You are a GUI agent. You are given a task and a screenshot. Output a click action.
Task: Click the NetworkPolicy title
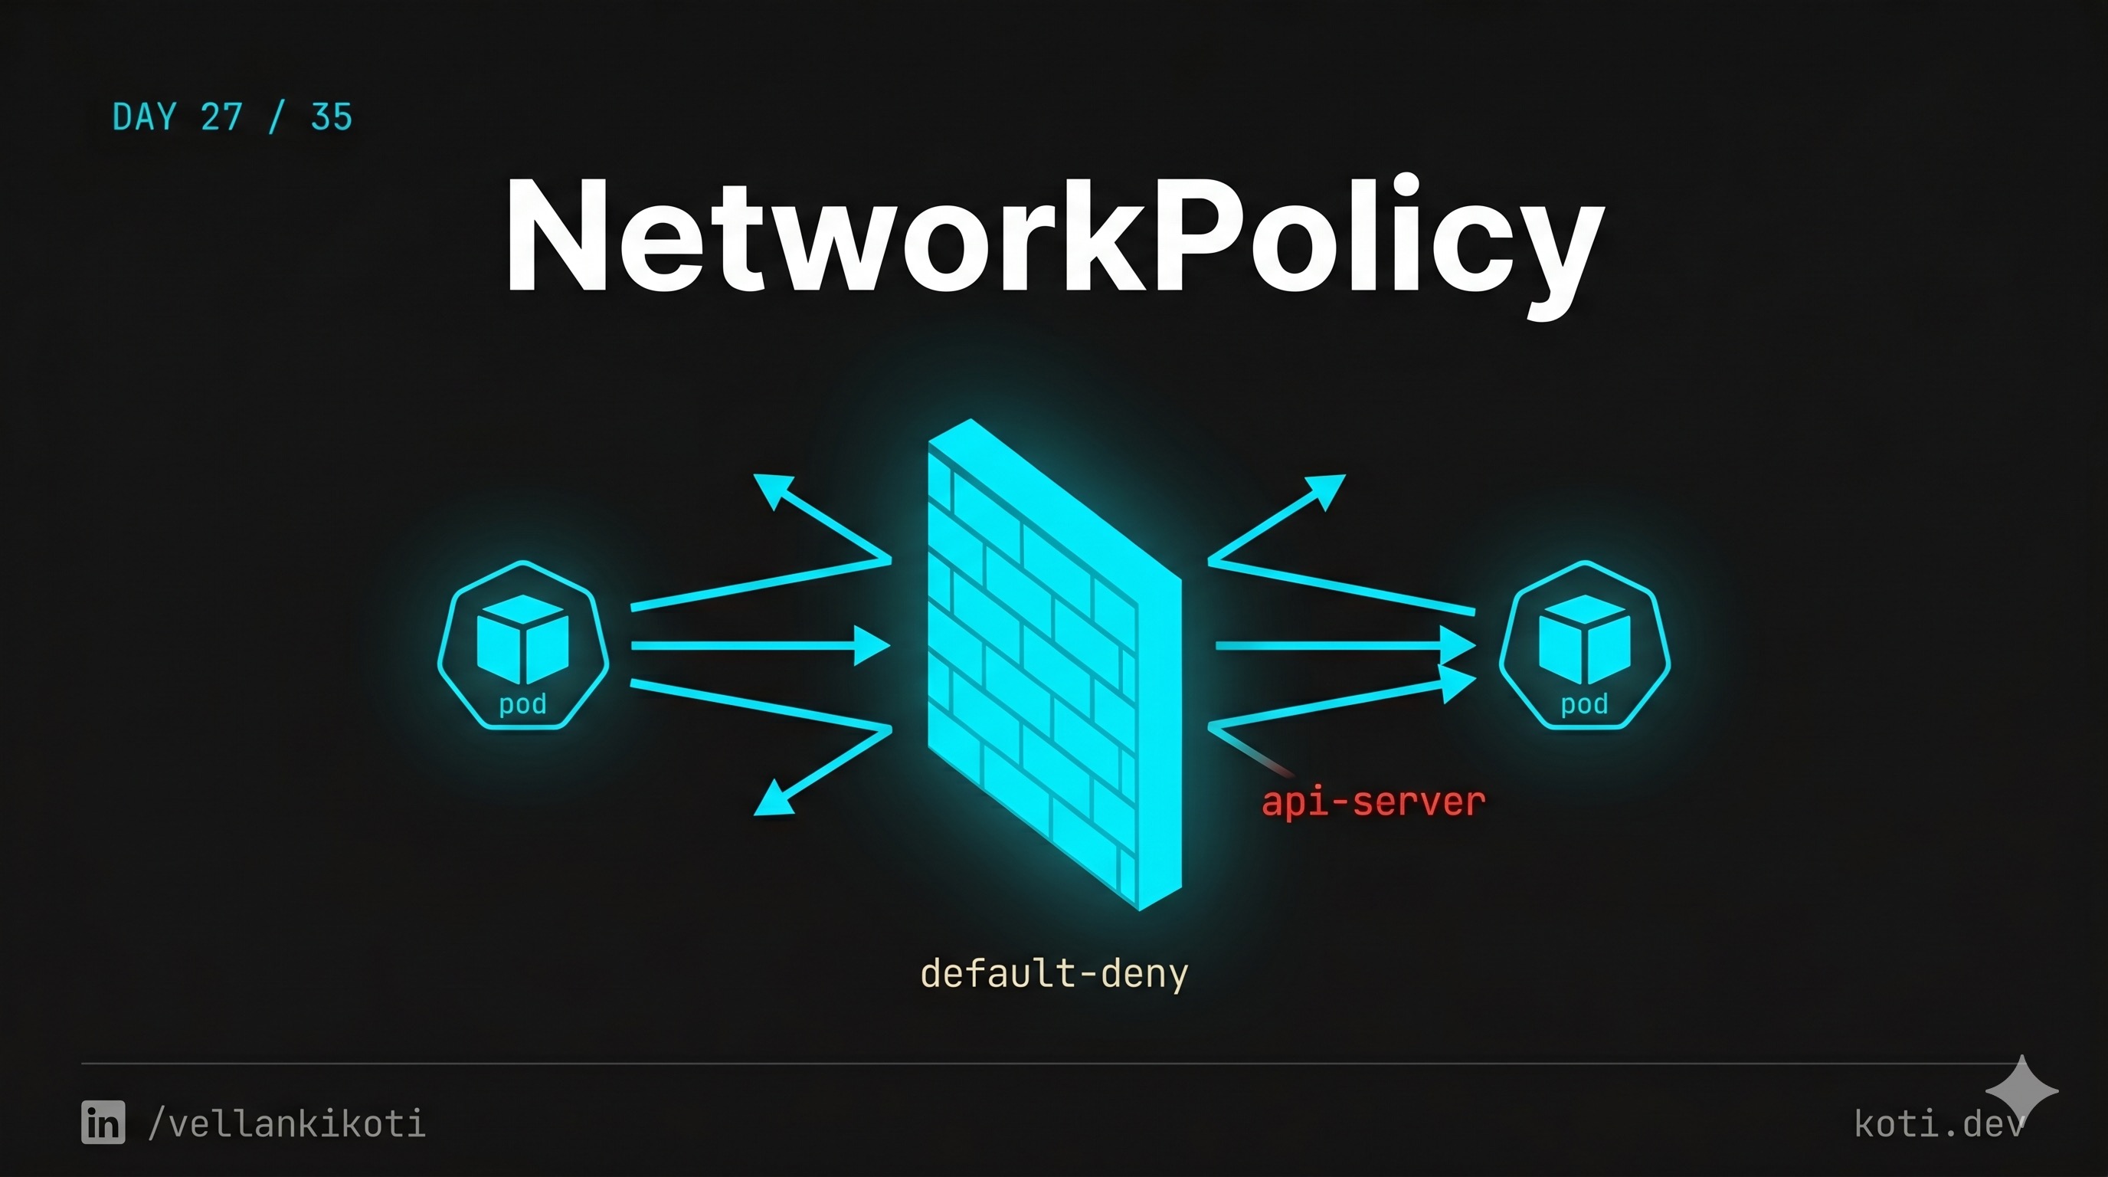click(1054, 238)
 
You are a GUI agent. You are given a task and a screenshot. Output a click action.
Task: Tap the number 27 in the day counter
click(222, 118)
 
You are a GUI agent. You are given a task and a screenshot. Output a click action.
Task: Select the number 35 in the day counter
click(332, 118)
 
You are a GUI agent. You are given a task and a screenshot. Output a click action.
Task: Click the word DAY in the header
click(145, 118)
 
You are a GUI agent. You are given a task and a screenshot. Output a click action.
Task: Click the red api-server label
click(1373, 802)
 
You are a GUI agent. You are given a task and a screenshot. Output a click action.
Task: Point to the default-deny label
click(1054, 974)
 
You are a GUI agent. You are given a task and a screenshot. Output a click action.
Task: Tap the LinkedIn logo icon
click(103, 1122)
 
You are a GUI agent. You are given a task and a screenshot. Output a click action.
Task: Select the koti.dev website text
click(1938, 1124)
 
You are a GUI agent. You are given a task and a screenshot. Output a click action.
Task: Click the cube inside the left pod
click(523, 639)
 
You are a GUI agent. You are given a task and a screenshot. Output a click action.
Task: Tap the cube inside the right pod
click(1584, 639)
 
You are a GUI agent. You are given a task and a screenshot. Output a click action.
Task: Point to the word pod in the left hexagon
click(523, 704)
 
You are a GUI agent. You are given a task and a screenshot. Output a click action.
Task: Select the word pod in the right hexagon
click(1584, 704)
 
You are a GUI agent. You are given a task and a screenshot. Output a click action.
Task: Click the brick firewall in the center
click(1054, 663)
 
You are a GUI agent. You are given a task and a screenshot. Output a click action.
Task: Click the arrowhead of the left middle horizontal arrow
click(872, 646)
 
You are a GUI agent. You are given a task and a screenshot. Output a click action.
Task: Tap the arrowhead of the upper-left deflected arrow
click(771, 488)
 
